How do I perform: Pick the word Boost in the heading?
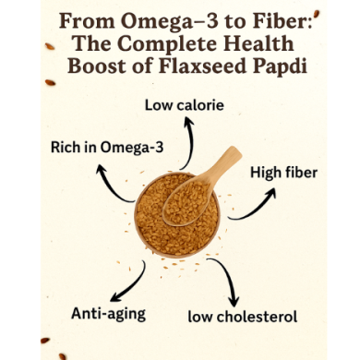(x=100, y=66)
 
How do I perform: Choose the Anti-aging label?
(x=108, y=313)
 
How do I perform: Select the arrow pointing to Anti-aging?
(x=132, y=279)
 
